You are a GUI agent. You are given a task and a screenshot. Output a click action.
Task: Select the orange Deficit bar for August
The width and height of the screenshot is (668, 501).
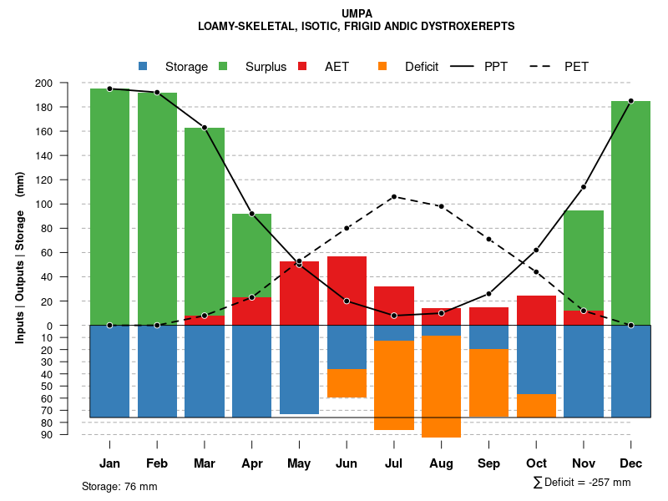441,386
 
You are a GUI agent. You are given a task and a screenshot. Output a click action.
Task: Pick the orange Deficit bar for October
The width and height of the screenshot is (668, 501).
536,405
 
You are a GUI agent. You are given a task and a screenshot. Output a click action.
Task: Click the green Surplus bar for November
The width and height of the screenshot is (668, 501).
584,261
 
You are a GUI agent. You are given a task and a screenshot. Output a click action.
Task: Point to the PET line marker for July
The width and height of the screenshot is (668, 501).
393,197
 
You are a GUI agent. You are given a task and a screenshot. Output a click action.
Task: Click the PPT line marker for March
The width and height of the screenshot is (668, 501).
205,128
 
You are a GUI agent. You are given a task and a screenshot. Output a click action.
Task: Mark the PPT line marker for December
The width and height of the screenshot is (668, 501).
630,101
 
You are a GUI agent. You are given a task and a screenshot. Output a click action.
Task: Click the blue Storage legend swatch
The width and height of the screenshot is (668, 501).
143,67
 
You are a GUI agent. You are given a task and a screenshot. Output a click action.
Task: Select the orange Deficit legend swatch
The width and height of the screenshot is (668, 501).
382,67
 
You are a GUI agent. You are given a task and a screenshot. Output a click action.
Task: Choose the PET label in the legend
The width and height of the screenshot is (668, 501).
576,67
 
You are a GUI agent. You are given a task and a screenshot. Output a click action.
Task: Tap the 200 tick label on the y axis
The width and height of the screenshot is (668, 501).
67,83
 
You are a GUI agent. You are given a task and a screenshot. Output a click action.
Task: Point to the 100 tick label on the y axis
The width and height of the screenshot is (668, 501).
67,205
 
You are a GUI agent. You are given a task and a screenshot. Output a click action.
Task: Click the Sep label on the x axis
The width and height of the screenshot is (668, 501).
488,463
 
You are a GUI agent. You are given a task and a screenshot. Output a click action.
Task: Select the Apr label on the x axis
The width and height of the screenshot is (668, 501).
252,463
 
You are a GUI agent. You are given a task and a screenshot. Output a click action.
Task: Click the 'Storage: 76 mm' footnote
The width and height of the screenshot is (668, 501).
119,486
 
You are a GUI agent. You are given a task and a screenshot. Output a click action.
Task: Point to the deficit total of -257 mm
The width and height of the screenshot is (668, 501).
582,483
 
